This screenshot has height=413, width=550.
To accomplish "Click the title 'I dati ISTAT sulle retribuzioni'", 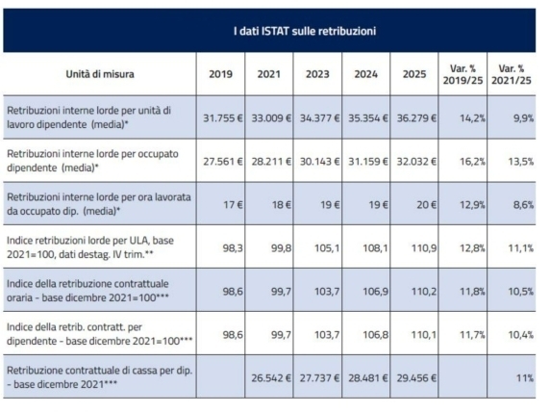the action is click(305, 31).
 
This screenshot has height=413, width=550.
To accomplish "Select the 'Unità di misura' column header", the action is click(100, 74).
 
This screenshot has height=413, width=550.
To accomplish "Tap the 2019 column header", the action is click(220, 74).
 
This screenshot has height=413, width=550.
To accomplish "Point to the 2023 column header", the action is click(317, 74).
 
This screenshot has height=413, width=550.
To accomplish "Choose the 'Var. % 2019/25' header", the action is click(462, 74).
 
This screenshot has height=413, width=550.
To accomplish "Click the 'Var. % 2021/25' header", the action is click(512, 74).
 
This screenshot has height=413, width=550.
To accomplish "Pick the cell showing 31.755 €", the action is click(223, 118).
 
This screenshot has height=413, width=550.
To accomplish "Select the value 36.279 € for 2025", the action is click(416, 118).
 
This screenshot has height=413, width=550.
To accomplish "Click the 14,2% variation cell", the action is click(472, 118).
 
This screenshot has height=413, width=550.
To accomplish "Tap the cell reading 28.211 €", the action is click(271, 162).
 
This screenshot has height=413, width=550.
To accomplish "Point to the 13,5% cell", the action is click(521, 162).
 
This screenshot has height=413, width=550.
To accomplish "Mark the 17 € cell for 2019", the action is click(233, 205).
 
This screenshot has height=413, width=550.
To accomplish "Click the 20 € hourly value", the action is click(427, 205).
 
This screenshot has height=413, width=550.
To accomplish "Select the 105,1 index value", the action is click(327, 248).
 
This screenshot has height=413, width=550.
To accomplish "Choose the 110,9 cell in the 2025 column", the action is click(424, 248).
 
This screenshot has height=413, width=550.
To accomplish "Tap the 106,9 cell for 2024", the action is click(376, 292).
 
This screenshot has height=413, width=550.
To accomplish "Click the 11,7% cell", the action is click(472, 335).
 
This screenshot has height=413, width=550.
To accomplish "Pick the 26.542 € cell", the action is click(271, 378).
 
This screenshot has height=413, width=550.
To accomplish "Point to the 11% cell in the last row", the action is click(525, 378).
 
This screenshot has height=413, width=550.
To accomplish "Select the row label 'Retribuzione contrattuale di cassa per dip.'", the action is click(100, 371).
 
